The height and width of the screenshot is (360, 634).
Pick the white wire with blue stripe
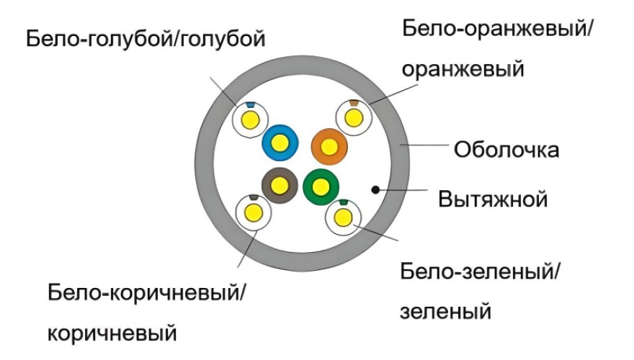point(251,119)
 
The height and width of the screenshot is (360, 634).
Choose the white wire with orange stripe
point(353,117)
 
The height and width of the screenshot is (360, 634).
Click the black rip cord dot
point(375,190)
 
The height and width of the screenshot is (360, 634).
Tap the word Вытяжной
point(494,198)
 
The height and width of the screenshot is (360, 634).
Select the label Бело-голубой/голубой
point(146,39)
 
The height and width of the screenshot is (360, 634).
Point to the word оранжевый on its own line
point(463,69)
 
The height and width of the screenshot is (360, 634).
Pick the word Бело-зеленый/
point(481,272)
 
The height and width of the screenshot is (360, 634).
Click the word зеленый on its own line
point(445,312)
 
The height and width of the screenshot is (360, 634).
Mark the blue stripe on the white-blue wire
point(250,106)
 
